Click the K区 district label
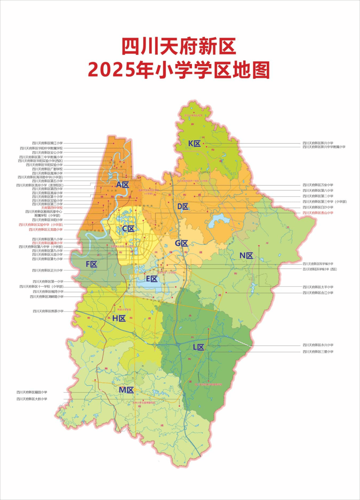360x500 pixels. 194,144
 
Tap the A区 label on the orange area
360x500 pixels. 122,185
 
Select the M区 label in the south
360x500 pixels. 126,390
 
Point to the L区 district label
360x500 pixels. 198,347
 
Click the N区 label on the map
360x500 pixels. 246,256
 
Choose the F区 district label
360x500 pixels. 91,265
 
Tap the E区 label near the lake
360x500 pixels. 152,279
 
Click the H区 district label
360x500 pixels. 119,319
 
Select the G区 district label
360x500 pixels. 182,243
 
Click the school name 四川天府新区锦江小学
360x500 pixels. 47,143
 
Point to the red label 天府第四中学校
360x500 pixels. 52,208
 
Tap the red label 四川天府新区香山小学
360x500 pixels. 318,213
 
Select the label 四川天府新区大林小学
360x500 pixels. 32,399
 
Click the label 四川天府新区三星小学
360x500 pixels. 318,352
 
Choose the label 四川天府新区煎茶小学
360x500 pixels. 48,311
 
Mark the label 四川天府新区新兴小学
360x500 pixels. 318,143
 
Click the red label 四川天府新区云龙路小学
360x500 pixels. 46,229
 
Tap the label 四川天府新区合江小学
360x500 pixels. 318,293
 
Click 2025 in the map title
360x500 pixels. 112,70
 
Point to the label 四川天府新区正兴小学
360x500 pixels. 47,271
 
